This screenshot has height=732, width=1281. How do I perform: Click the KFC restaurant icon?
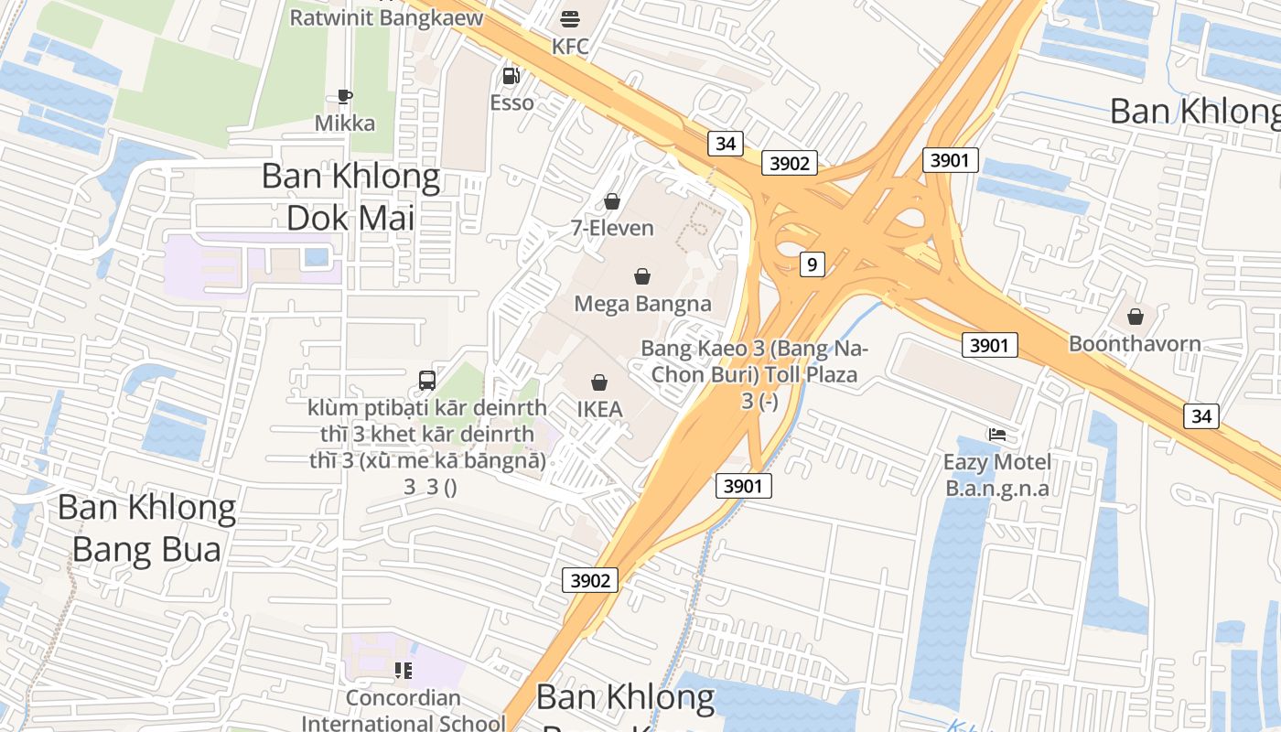click(570, 19)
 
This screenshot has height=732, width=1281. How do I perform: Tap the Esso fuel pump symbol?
click(511, 76)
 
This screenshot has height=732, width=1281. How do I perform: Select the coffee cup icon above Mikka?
click(345, 96)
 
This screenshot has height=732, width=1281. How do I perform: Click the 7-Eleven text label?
click(612, 228)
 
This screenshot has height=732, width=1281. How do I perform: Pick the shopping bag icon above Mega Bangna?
click(642, 276)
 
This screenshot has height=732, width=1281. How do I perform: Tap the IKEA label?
click(599, 409)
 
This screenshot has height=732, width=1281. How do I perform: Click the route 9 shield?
click(812, 264)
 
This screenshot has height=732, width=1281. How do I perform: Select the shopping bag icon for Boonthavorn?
click(1135, 317)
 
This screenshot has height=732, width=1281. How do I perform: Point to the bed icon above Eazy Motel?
click(996, 434)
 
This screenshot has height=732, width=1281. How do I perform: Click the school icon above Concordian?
click(403, 671)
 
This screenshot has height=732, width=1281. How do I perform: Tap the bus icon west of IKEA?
click(427, 381)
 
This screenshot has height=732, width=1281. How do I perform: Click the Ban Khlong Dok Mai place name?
click(350, 197)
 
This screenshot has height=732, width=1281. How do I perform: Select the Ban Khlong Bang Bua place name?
click(146, 528)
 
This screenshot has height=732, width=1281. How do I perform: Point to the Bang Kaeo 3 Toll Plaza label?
click(754, 374)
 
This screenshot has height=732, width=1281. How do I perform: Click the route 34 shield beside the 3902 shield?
click(725, 143)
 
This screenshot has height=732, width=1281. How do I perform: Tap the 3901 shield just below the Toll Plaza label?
click(742, 486)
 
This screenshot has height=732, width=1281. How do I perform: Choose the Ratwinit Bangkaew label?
click(386, 17)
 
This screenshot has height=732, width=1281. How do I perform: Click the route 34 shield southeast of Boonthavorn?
click(1200, 416)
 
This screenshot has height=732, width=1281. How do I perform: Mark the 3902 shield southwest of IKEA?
click(589, 580)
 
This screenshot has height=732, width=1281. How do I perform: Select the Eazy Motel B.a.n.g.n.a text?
click(996, 475)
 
